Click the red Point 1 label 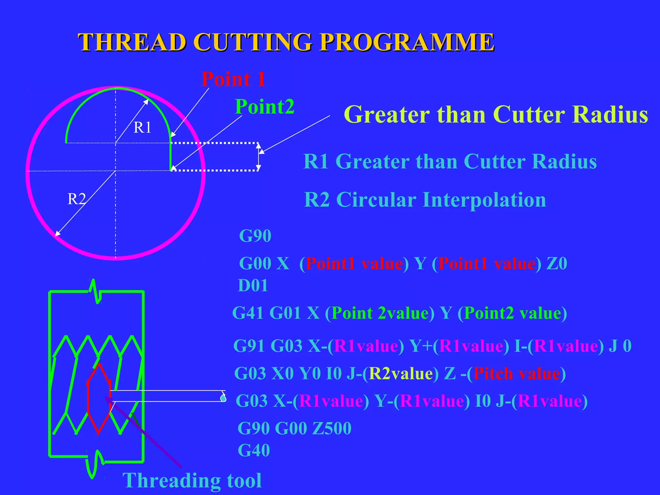point(233,79)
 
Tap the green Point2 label point(265,107)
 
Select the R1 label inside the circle point(142,128)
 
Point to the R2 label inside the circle point(76,199)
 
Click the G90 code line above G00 point(255,236)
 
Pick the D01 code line point(253,286)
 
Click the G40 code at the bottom point(254,450)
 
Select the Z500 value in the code point(332,428)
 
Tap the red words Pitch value point(517,374)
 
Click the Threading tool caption point(192,480)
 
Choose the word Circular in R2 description point(376,199)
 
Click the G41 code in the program point(248,313)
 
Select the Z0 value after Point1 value point(557,263)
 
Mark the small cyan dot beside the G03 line point(223,398)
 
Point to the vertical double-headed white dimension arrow point(258,157)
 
